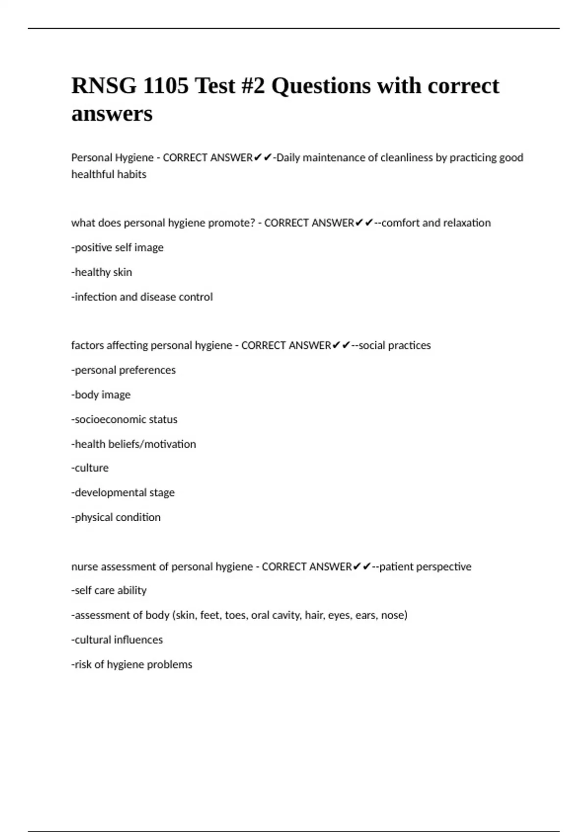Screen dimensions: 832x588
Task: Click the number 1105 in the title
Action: (166, 86)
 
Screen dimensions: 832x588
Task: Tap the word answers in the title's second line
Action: (112, 114)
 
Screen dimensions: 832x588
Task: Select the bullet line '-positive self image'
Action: (118, 248)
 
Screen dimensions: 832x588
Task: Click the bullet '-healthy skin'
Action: (102, 272)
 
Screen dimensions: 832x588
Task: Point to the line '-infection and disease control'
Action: (142, 297)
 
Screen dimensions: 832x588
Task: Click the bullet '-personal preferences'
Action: (123, 370)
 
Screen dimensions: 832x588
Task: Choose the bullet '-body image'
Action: (101, 394)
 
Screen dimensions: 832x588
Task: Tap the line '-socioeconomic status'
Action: (124, 419)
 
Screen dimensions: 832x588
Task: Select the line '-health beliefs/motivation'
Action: (134, 444)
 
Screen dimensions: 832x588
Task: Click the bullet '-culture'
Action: (90, 468)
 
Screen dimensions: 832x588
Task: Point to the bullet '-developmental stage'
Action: (123, 492)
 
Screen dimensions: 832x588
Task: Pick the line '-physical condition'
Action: (116, 517)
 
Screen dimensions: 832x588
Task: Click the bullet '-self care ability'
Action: (109, 591)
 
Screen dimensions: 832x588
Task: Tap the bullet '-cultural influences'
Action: (117, 640)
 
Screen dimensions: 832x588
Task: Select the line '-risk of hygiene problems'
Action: (132, 665)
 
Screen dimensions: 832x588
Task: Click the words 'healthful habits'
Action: (109, 175)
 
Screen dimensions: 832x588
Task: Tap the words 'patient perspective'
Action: (425, 567)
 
